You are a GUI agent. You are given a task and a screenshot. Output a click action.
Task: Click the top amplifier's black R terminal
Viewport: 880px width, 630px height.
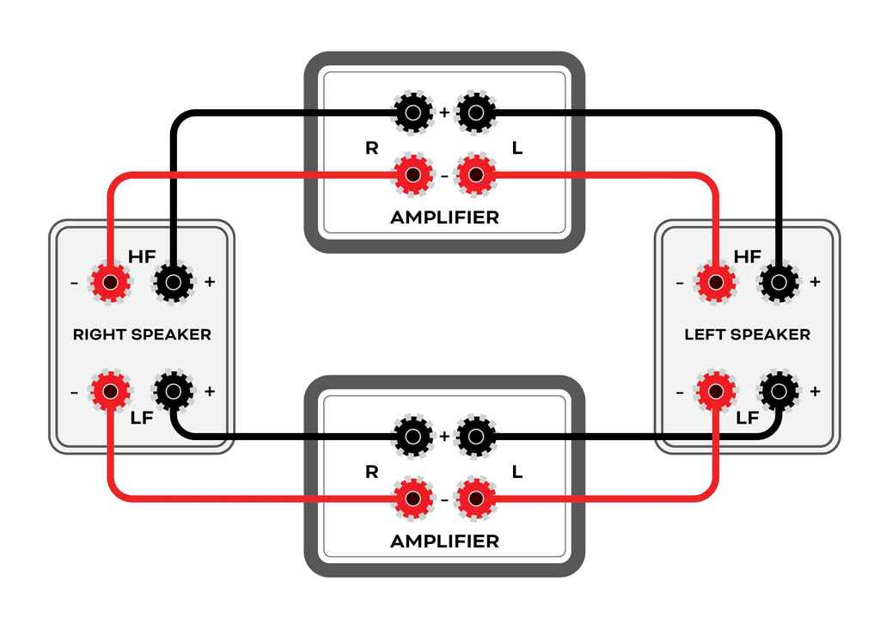click(412, 113)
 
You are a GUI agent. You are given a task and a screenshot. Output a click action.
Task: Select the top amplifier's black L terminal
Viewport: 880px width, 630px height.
click(476, 113)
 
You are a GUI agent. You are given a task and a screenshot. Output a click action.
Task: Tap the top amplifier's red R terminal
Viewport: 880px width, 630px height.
click(412, 176)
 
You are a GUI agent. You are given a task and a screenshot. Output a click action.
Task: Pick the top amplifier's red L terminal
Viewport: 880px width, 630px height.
click(476, 176)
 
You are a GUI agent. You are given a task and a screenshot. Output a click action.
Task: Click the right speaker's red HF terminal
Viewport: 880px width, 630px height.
click(109, 281)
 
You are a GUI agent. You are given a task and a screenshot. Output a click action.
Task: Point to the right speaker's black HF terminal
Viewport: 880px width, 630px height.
click(173, 281)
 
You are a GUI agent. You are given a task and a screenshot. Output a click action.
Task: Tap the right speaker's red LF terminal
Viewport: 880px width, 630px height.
click(109, 392)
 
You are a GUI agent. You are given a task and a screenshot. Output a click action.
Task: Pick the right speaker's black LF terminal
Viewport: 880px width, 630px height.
click(173, 392)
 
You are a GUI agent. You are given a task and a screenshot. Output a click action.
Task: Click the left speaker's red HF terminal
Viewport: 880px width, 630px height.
click(715, 281)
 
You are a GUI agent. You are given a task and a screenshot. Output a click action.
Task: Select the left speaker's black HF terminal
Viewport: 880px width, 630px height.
click(779, 281)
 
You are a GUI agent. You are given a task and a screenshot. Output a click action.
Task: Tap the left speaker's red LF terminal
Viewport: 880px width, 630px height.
click(715, 392)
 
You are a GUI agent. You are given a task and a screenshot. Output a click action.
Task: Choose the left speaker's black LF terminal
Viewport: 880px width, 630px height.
click(779, 392)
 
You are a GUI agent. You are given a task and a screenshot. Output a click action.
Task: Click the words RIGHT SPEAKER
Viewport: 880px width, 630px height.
click(142, 334)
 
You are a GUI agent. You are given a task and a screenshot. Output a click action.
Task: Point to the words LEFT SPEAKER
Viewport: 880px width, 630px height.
click(747, 334)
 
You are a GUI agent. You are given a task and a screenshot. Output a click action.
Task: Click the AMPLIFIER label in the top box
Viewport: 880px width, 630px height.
click(444, 217)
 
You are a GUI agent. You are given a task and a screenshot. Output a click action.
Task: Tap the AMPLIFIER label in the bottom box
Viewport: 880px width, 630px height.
click(444, 541)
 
